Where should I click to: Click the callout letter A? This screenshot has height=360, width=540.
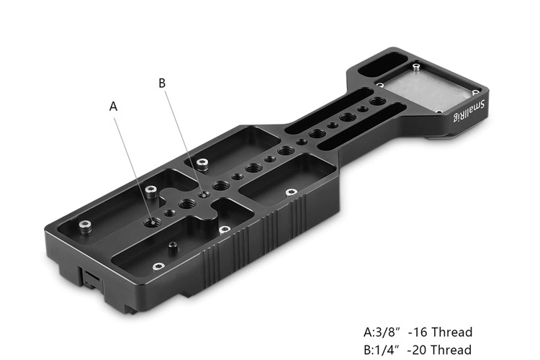pyautogui.click(x=113, y=106)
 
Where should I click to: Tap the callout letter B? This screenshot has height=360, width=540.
pyautogui.click(x=162, y=84)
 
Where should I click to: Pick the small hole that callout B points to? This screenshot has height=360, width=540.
pyautogui.click(x=206, y=192)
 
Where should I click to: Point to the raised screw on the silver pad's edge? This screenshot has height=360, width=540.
pyautogui.click(x=415, y=67)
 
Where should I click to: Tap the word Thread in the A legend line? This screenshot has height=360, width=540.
pyautogui.click(x=452, y=333)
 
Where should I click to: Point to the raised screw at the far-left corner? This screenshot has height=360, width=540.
pyautogui.click(x=85, y=228)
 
